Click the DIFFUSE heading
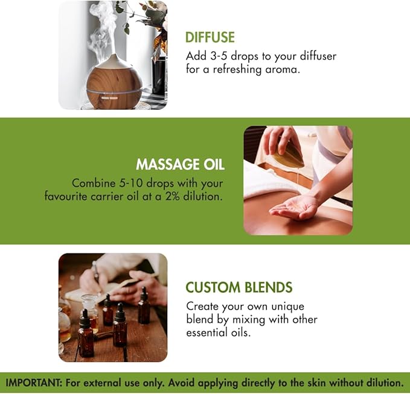[210, 37]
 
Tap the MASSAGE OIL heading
[180, 165]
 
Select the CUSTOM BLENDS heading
[239, 287]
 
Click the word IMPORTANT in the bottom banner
[33, 383]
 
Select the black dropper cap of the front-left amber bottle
[85, 319]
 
